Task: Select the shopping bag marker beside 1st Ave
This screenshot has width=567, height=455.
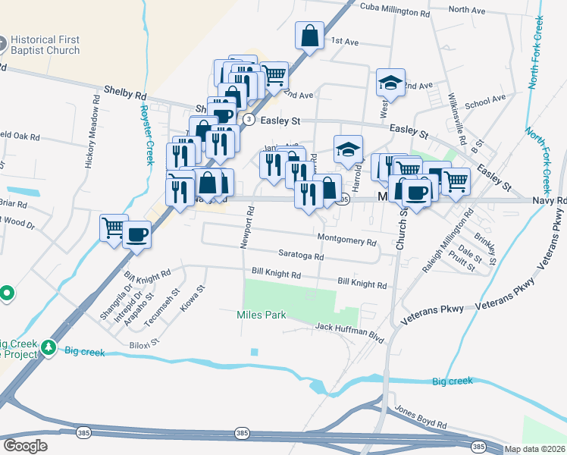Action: click(310, 36)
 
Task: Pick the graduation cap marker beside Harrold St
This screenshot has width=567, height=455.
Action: click(348, 149)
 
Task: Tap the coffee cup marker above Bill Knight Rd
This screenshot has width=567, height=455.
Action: click(137, 234)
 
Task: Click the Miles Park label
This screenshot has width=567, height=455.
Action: click(261, 314)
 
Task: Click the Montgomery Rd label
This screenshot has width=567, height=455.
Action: click(346, 240)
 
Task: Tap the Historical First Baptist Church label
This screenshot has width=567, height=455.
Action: click(44, 45)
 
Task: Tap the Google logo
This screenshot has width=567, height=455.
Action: click(26, 446)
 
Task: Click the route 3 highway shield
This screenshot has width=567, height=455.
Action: click(249, 119)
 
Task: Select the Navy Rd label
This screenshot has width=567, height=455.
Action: click(550, 201)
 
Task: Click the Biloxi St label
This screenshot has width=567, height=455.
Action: click(143, 343)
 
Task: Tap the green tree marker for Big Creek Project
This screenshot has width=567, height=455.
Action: click(50, 347)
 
